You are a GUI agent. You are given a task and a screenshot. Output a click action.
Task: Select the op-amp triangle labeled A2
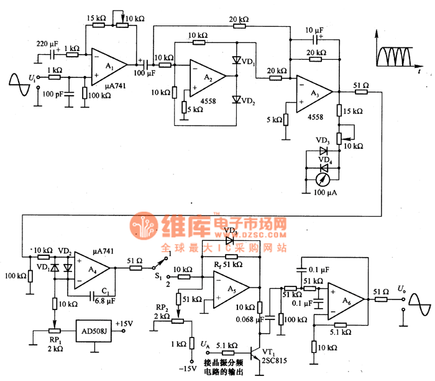tap(206, 75)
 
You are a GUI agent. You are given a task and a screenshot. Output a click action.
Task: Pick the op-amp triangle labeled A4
tap(91, 269)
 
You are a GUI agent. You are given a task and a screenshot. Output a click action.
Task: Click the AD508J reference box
tap(94, 329)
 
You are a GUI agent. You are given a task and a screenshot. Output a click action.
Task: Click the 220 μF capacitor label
tap(47, 44)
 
